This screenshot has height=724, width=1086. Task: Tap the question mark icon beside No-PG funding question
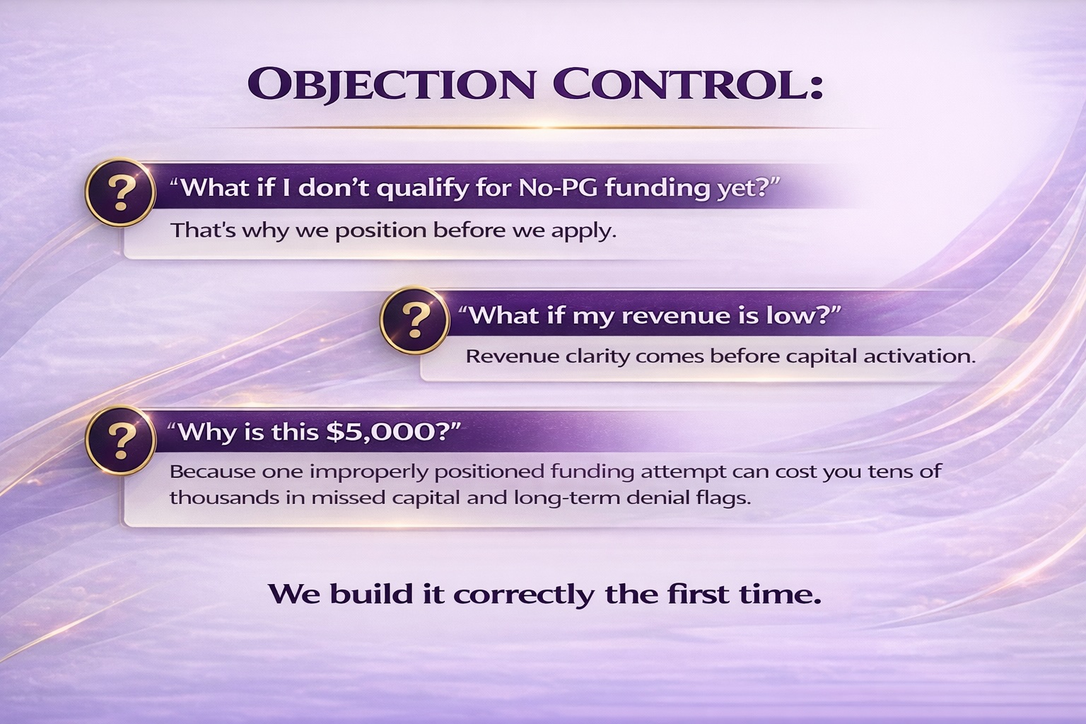pyautogui.click(x=121, y=192)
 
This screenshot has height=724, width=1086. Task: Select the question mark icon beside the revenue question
pyautogui.click(x=415, y=320)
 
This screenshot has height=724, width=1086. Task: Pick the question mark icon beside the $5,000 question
pyautogui.click(x=121, y=440)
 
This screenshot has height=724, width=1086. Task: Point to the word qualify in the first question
pyautogui.click(x=424, y=189)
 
